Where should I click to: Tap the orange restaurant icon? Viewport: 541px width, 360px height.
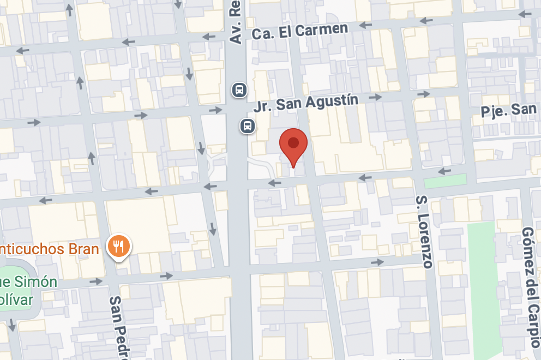coord(118,246)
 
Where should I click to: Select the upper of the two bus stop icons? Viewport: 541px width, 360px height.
coord(238,89)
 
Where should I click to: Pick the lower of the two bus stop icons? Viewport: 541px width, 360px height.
coord(248,126)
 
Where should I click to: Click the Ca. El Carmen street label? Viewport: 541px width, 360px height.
coord(299,31)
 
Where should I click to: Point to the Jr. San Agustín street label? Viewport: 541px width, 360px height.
coord(306,103)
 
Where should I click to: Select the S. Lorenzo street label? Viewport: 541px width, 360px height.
coord(424,231)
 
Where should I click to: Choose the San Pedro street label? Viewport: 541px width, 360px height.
coord(118,327)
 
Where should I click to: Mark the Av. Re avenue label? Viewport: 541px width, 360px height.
coord(235,22)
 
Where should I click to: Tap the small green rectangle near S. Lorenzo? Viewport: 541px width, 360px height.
coord(445,181)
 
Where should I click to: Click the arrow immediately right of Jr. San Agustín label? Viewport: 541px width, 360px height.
coord(375,97)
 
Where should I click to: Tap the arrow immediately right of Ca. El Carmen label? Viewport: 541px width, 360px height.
coord(365,25)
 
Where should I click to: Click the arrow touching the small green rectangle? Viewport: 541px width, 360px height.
coord(444,171)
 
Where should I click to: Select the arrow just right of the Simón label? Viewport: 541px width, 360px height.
coord(97,281)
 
